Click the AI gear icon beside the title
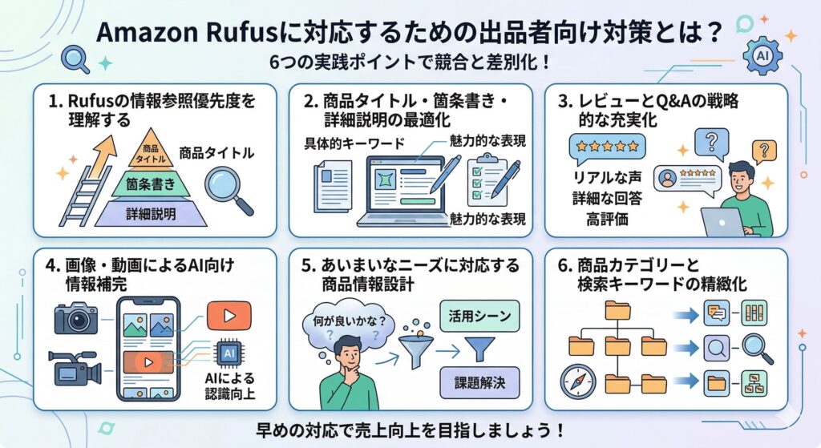(x=762, y=57)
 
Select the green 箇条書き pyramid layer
(x=151, y=184)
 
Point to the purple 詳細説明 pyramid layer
(x=151, y=212)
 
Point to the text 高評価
(x=607, y=218)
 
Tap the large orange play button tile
(x=229, y=315)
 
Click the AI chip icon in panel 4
(x=228, y=353)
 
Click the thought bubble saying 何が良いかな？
(x=342, y=324)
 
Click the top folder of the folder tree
(x=618, y=309)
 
